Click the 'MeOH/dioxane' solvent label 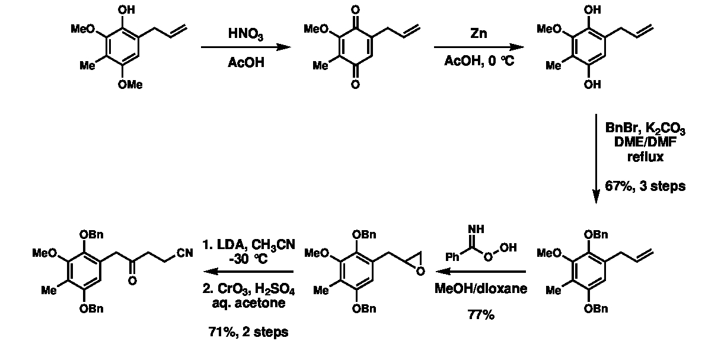click(x=480, y=289)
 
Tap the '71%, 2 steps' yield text click(x=253, y=332)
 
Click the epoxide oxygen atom click(x=420, y=272)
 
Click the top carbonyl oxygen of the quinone click(x=355, y=10)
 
